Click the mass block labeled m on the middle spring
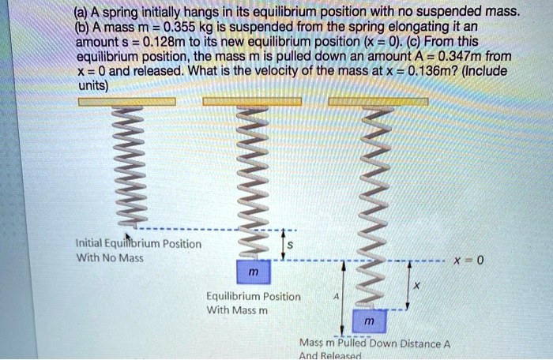point(253,272)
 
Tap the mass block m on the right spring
point(369,322)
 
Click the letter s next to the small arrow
point(290,246)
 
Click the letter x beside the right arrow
point(417,285)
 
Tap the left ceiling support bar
point(129,102)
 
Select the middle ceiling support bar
point(253,102)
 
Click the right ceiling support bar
point(378,102)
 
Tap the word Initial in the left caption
point(92,244)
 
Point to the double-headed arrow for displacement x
point(409,285)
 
